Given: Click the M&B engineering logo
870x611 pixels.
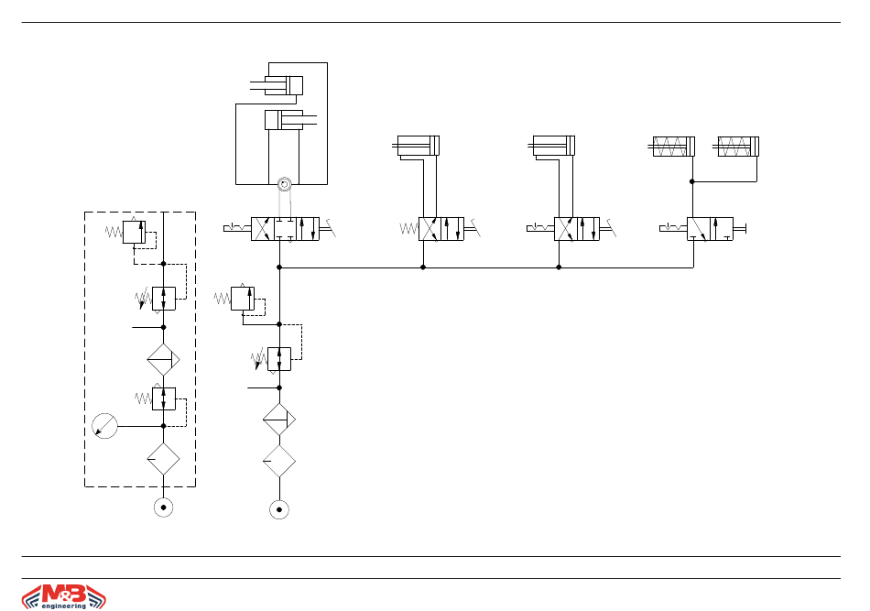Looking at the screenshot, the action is coord(64,596).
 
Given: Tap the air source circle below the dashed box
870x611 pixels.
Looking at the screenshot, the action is coord(163,507).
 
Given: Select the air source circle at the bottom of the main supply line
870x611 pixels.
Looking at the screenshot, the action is coord(279,509).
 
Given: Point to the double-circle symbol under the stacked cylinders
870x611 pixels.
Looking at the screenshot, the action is coord(284,184).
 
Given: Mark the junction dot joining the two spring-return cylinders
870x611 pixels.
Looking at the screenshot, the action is coord(692,181).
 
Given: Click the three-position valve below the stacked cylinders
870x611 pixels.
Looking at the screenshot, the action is coord(285,229).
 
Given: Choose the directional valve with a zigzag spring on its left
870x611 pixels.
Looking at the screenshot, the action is coord(441,229).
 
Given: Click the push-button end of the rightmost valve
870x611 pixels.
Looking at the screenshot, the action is coord(740,229).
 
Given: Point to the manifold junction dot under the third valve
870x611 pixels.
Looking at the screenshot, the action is coord(559,267).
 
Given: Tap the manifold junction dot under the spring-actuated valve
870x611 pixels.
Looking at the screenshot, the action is coord(423,267).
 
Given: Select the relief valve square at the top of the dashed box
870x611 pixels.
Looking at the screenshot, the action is coord(134,232).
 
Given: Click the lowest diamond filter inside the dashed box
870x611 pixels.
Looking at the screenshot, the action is coord(163,459).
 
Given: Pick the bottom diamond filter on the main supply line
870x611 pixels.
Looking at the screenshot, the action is coord(279,461).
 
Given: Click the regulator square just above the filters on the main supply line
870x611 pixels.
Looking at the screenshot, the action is coord(279,359).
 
